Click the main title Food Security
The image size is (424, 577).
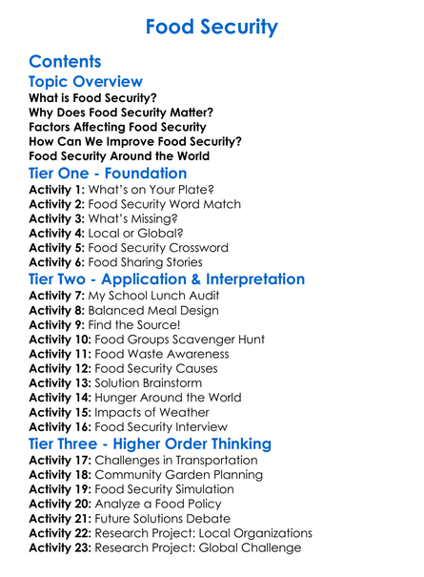[212, 25]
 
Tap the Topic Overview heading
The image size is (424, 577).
[86, 82]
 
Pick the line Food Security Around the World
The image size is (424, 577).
[119, 155]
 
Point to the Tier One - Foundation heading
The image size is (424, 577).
[108, 174]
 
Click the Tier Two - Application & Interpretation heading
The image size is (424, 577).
[167, 279]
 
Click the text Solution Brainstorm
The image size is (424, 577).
[165, 383]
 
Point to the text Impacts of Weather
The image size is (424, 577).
[162, 412]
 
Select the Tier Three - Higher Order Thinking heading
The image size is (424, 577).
[150, 444]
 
